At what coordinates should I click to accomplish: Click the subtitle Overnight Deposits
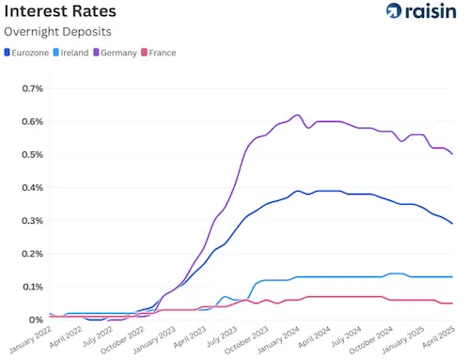point(58,33)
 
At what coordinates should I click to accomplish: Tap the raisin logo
point(421,11)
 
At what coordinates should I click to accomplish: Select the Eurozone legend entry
point(28,53)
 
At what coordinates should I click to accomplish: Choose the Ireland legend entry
point(75,53)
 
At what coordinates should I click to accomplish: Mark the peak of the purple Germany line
point(297,115)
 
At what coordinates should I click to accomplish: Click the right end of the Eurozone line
point(453,223)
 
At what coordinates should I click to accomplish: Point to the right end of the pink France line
point(453,303)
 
